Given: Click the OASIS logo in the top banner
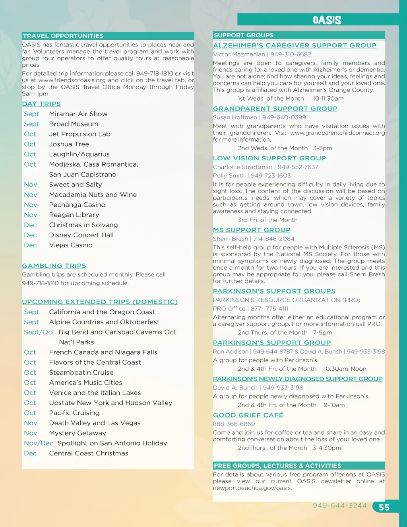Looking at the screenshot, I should pyautogui.click(x=327, y=20).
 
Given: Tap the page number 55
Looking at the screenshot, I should pyautogui.click(x=384, y=507).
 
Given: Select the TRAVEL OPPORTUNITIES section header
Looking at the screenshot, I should pyautogui.click(x=63, y=36).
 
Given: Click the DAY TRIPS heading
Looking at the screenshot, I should pyautogui.click(x=41, y=104).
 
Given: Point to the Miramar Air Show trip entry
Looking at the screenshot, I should pyautogui.click(x=78, y=114).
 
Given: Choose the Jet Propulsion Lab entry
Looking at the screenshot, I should pyautogui.click(x=79, y=134).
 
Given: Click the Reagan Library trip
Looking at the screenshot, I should pyautogui.click(x=74, y=215).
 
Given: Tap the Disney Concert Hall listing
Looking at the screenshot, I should pyautogui.click(x=81, y=235).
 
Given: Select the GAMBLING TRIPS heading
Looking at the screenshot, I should pyautogui.click(x=54, y=266).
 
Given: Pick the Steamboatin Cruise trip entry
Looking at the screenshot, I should pyautogui.click(x=81, y=373).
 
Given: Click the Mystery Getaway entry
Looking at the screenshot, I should pyautogui.click(x=78, y=433).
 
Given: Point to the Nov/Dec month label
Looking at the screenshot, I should pyautogui.click(x=39, y=443).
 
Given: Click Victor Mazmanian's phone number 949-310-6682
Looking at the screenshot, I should pyautogui.click(x=291, y=54).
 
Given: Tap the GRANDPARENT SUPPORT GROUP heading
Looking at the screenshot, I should pyautogui.click(x=275, y=109).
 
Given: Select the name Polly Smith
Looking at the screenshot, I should pyautogui.click(x=229, y=176).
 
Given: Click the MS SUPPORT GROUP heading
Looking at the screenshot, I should pyautogui.click(x=252, y=230).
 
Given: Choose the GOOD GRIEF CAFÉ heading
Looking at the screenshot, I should pyautogui.click(x=248, y=415).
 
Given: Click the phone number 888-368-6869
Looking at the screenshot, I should pyautogui.click(x=234, y=424).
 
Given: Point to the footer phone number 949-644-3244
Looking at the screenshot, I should pyautogui.click(x=339, y=506).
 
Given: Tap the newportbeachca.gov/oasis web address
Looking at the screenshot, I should pyautogui.click(x=252, y=488).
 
